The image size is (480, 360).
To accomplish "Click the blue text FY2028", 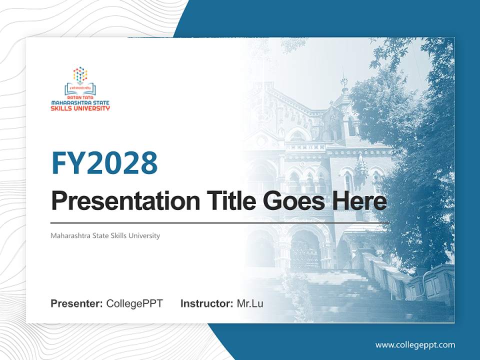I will tap(104, 163).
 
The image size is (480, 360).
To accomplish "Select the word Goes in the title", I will tap(290, 200).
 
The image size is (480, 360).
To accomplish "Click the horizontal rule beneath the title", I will tap(220, 222).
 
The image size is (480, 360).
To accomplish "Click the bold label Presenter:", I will tap(77, 303).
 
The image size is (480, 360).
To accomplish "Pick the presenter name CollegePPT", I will tap(134, 303).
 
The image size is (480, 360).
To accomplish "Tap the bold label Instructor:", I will tap(206, 303).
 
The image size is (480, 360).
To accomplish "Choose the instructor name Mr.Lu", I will tap(250, 303).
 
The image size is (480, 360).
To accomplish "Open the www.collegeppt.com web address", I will tap(415, 345).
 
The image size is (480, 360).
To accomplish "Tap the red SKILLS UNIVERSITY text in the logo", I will tap(80, 108).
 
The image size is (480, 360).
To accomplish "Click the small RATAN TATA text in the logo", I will tap(80, 98).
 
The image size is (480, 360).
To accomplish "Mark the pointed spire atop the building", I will tap(343, 80).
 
